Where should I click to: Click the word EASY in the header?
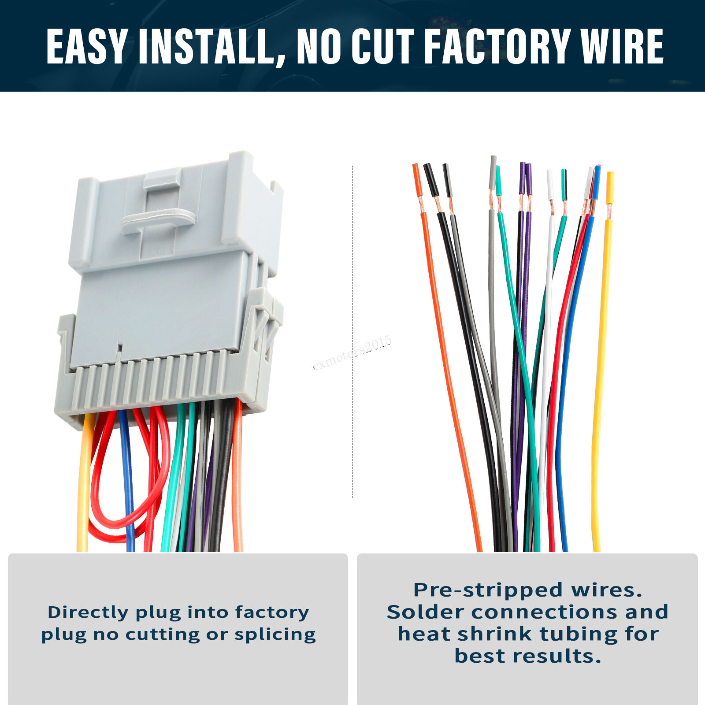pyautogui.click(x=87, y=46)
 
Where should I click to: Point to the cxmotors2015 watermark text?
pyautogui.click(x=352, y=353)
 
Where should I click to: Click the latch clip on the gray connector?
pyautogui.click(x=159, y=219)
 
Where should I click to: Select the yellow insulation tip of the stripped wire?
pyautogui.click(x=610, y=187)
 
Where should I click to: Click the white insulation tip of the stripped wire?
pyautogui.click(x=550, y=185)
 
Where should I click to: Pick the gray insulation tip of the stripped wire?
pyautogui.click(x=493, y=172)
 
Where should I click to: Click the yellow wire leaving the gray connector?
pyautogui.click(x=84, y=485)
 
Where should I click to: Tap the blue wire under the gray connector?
pyautogui.click(x=127, y=485)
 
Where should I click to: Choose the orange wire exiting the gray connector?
pyautogui.click(x=237, y=485)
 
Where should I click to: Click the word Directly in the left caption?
pyautogui.click(x=88, y=612)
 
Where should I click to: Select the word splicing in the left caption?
pyautogui.click(x=275, y=634)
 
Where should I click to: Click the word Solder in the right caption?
pyautogui.click(x=426, y=612)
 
